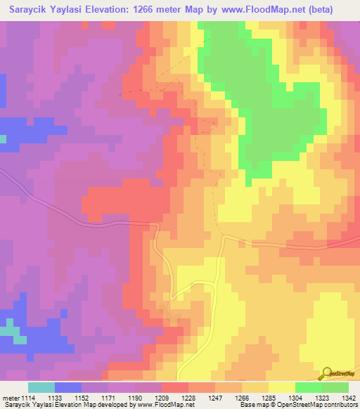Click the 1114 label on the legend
coord(27,398)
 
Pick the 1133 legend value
coord(54,398)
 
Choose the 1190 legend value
coord(134,398)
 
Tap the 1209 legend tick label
coord(161,398)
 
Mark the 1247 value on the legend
coord(214,398)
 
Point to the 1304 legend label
coord(295,398)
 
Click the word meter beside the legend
coord(10,398)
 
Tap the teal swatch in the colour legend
coord(41,387)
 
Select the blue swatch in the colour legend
coord(67,387)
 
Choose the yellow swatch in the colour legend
coord(281,387)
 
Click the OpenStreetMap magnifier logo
coord(328,374)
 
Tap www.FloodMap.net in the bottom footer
coord(166,405)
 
